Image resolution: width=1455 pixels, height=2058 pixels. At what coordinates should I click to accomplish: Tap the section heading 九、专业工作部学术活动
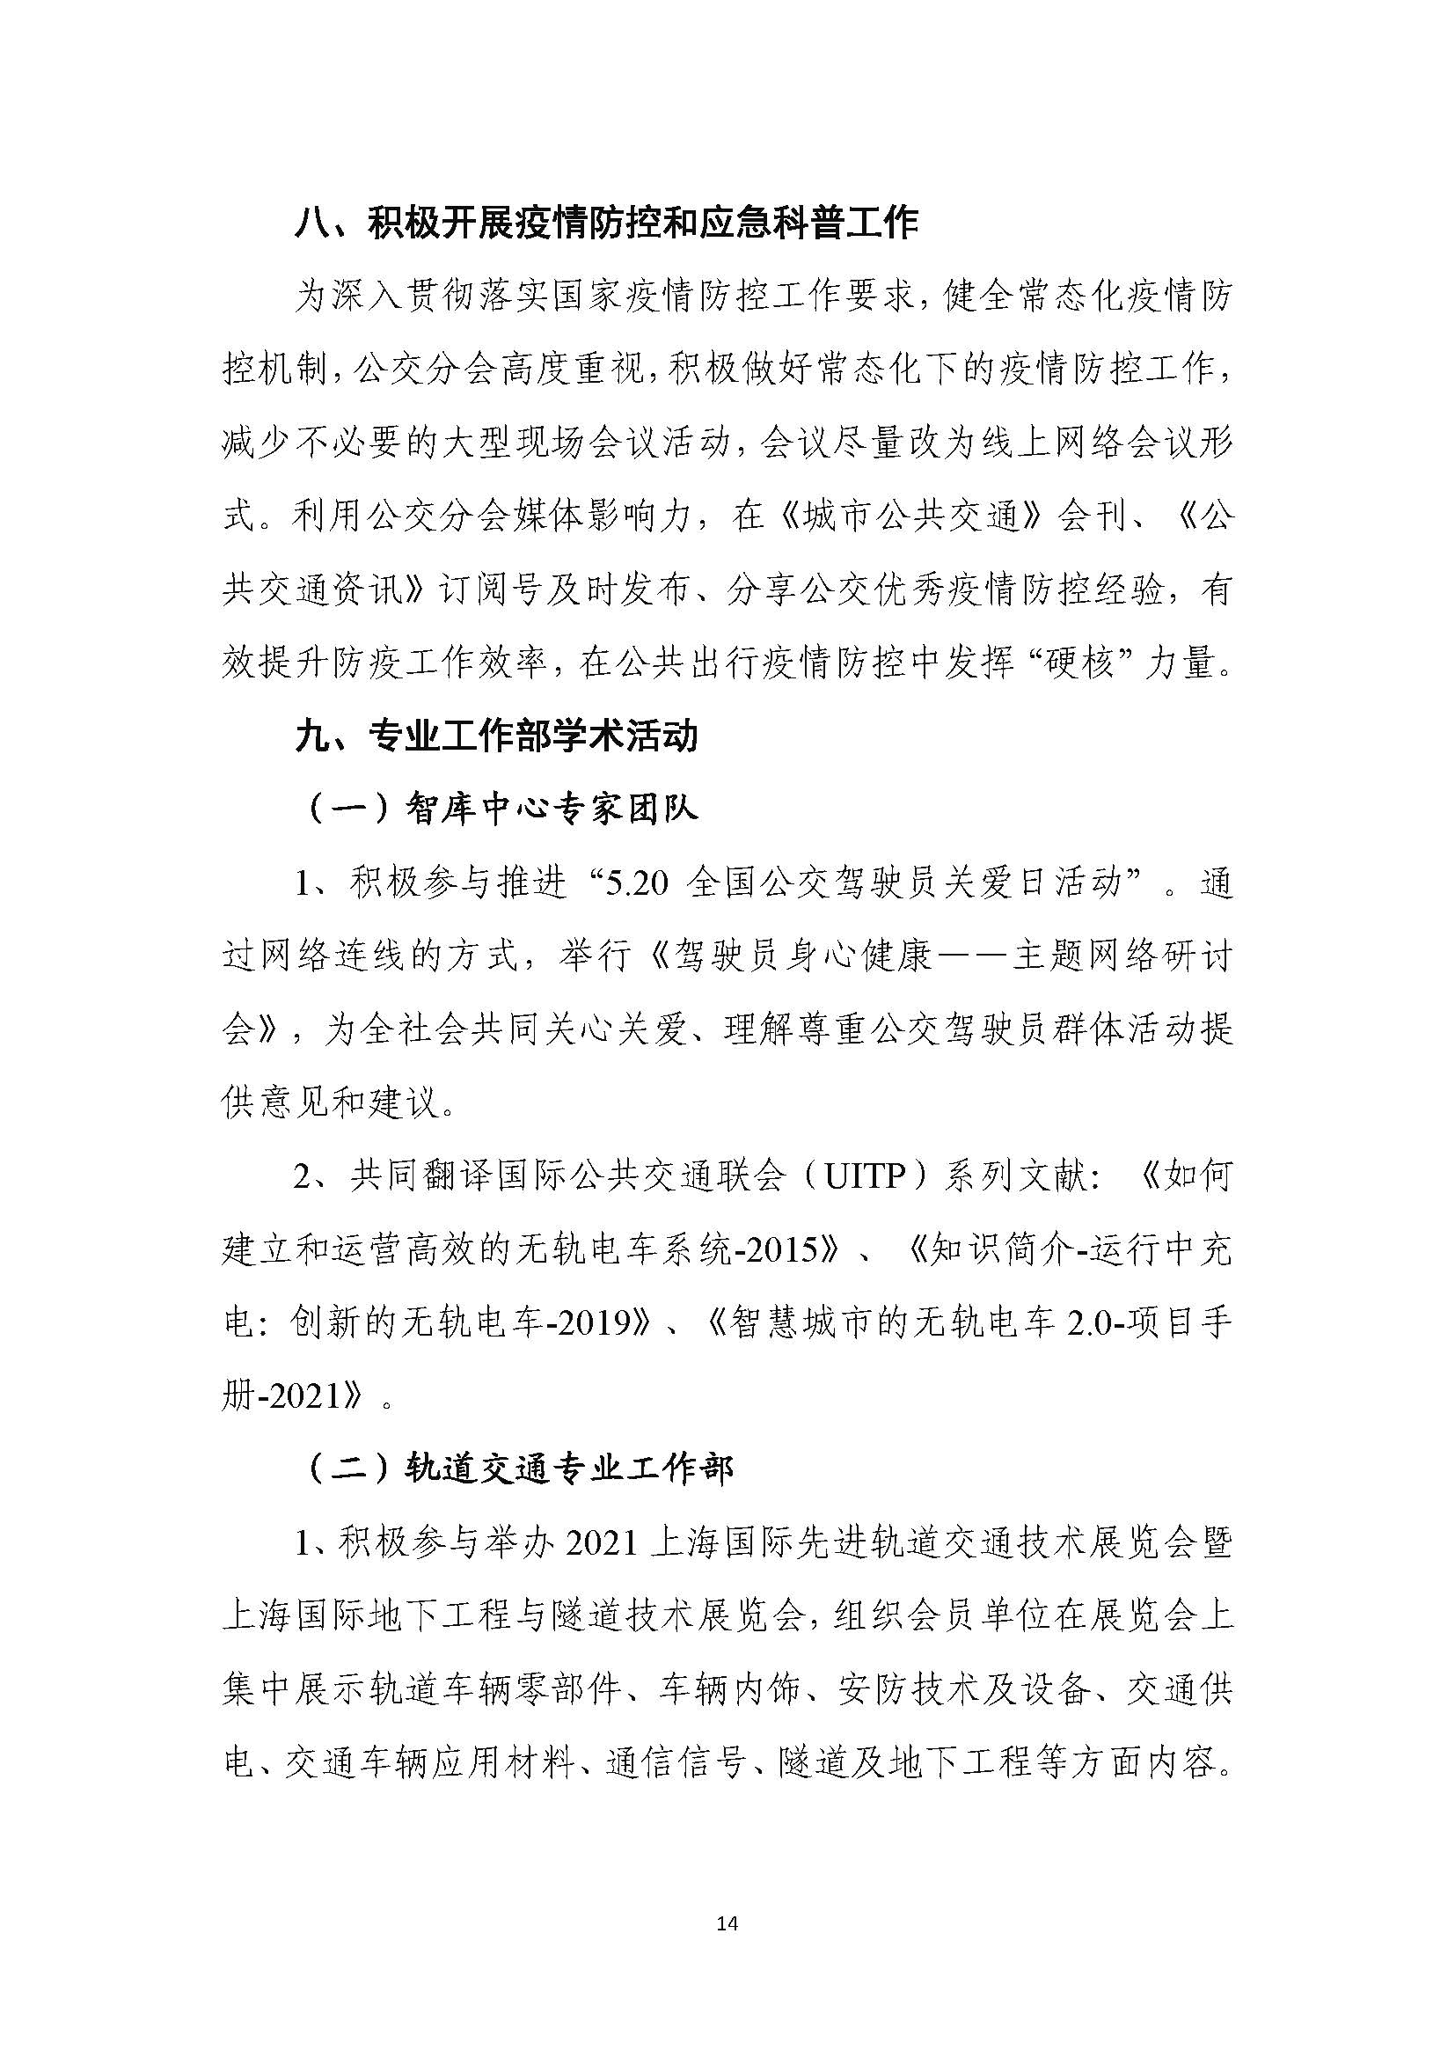click(x=496, y=736)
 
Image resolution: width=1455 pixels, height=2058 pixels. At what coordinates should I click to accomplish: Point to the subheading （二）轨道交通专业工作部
click(x=520, y=1469)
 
